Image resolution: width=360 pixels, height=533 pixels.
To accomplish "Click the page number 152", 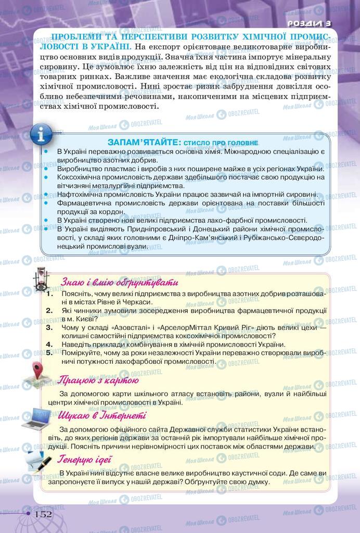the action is click(43, 514).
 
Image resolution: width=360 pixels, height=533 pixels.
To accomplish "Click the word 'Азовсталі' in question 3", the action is click(120, 327).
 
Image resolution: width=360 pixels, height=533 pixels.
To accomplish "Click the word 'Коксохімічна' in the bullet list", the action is click(81, 177).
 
